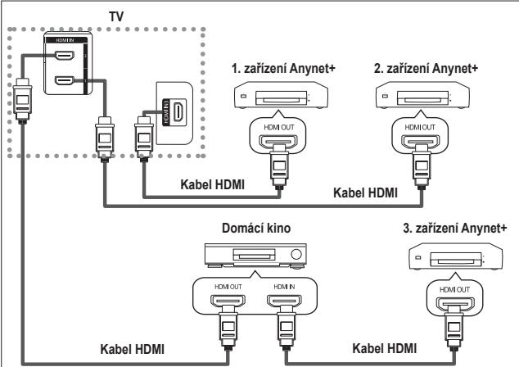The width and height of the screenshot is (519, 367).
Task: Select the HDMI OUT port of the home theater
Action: pyautogui.click(x=228, y=309)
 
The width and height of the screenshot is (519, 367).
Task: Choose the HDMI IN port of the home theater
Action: pyautogui.click(x=283, y=309)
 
